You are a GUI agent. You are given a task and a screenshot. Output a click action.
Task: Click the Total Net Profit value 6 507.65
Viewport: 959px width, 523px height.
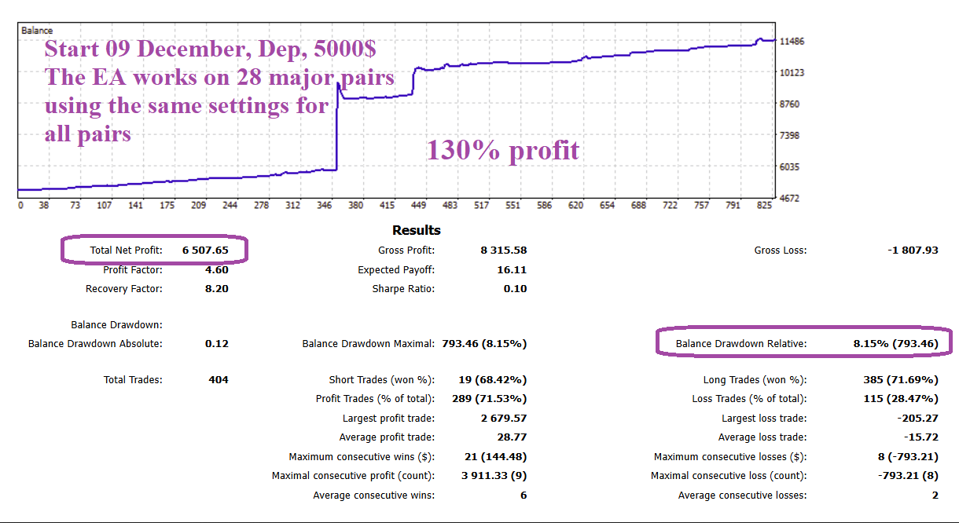tap(205, 251)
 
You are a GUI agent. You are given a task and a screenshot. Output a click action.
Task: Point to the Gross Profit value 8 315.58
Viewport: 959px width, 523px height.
tap(503, 251)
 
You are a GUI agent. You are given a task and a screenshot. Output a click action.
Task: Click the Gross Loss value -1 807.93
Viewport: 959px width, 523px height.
tap(912, 251)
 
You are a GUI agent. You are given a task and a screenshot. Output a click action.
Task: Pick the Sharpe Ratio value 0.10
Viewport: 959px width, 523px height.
tap(515, 289)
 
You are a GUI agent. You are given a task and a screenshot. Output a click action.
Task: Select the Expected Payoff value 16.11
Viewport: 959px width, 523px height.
tap(512, 270)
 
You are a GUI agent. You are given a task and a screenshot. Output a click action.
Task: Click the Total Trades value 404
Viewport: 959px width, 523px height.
tap(219, 380)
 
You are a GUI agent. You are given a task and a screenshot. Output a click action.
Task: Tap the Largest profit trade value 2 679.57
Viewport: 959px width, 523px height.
tap(503, 419)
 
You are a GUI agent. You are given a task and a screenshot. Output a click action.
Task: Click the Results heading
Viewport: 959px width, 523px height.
tap(417, 231)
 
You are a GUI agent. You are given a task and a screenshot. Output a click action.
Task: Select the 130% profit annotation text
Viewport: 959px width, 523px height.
tap(503, 150)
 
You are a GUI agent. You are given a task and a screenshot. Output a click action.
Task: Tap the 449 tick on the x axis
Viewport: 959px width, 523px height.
tap(418, 206)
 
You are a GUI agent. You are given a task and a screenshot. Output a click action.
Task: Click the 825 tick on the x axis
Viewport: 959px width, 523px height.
tap(764, 206)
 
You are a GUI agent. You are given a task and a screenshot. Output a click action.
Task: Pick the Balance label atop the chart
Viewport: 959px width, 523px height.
tap(37, 31)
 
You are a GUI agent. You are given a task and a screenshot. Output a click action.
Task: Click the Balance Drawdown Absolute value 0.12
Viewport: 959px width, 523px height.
tap(216, 344)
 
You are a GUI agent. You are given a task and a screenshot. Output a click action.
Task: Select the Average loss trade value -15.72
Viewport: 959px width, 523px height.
tap(921, 437)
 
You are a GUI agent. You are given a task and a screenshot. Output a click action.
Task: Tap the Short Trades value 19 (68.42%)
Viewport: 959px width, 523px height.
tap(492, 380)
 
